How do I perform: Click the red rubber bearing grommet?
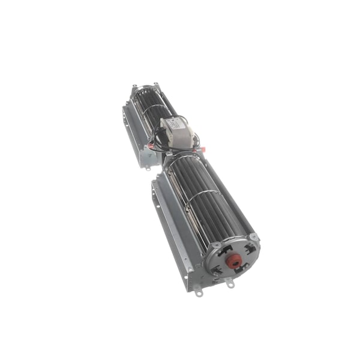click(x=234, y=260)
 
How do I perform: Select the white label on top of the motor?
click(x=172, y=125)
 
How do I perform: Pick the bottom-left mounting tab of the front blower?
click(x=198, y=293)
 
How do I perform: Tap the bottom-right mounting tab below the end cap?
click(x=230, y=284)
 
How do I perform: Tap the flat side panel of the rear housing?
click(x=133, y=129)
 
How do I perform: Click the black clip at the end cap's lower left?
click(x=217, y=271)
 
